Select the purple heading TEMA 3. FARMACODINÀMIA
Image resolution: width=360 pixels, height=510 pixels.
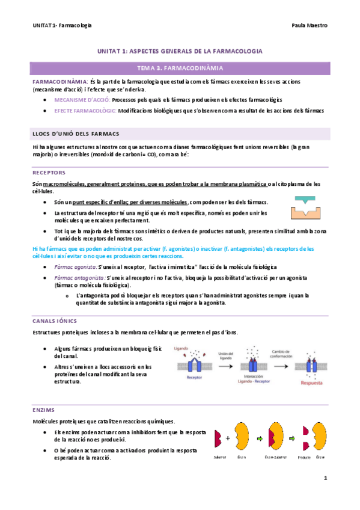pos(180,69)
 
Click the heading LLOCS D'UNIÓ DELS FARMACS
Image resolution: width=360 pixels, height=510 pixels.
pos(76,133)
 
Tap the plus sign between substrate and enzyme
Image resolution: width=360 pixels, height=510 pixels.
pos(228,438)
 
